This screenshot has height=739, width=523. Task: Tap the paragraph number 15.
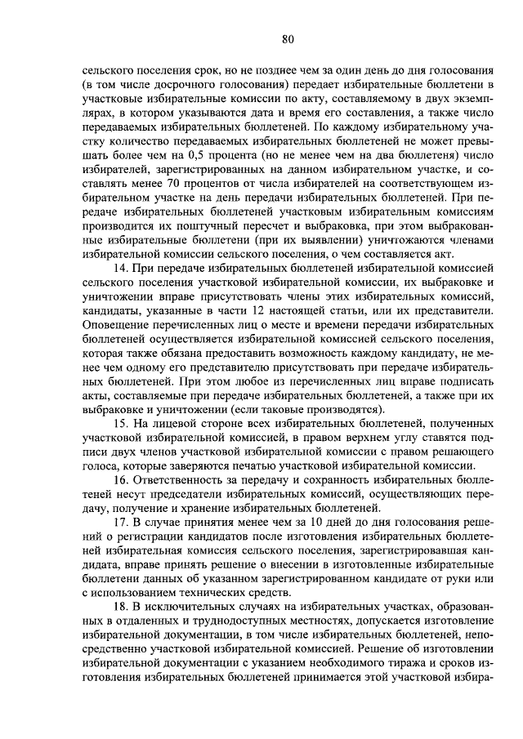click(x=121, y=425)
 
